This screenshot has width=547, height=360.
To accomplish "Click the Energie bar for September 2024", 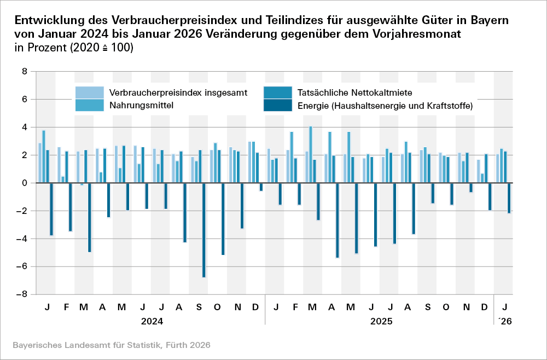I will (204, 230).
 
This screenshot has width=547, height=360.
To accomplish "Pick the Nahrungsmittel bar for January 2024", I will (44, 156).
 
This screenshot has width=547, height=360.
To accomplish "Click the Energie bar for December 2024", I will (261, 187).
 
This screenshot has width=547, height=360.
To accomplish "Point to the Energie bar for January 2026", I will (509, 198).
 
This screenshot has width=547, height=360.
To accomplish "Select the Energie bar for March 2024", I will (89, 218).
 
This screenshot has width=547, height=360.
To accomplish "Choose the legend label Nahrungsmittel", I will (142, 105).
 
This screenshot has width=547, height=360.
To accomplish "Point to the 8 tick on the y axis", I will (25, 71).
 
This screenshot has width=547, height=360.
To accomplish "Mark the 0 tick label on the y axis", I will (25, 183).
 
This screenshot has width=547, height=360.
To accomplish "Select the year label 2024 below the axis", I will (152, 322).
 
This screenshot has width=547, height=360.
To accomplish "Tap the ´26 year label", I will (506, 322).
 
